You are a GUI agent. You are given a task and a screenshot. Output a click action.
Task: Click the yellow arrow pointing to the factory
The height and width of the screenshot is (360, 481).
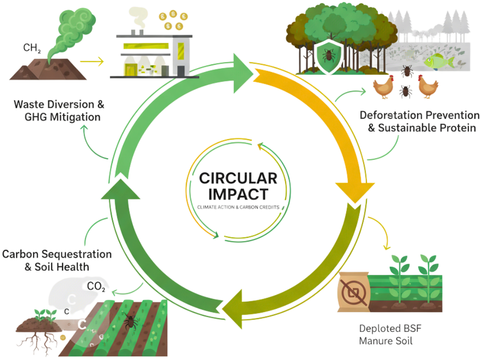point(92,61)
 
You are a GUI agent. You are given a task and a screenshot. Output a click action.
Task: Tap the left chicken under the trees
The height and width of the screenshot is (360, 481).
point(383,87)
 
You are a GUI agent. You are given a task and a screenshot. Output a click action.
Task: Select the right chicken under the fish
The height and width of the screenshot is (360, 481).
point(428,87)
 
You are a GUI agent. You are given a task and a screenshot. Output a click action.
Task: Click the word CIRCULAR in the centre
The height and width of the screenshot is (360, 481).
point(238,178)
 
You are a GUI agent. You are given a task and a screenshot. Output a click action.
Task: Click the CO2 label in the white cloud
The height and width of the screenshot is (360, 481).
point(96,287)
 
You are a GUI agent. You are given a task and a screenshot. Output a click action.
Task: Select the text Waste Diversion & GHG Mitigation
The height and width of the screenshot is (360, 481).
point(59,110)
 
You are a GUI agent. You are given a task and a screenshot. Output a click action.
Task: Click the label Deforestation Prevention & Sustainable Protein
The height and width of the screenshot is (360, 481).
point(419,121)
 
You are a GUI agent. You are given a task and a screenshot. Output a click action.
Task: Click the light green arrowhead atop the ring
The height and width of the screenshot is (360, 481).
point(238,64)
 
